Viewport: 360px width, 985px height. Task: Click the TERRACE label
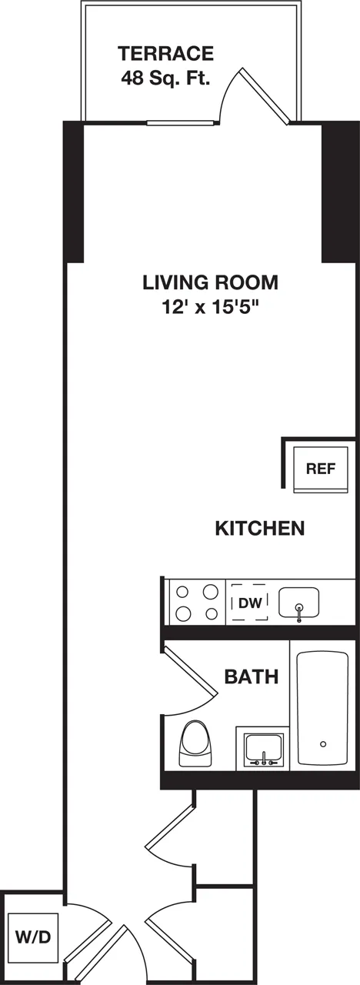pyautogui.click(x=165, y=54)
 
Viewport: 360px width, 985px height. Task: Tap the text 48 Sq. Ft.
pyautogui.click(x=165, y=78)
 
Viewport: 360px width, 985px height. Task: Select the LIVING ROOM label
pyautogui.click(x=210, y=282)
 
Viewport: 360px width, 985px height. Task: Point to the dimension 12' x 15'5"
pyautogui.click(x=210, y=307)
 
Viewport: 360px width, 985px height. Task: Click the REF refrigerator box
pyautogui.click(x=321, y=469)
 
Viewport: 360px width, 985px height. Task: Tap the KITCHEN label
pyautogui.click(x=259, y=529)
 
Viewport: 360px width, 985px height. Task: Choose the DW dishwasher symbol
pyautogui.click(x=249, y=603)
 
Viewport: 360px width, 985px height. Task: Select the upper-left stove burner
pyautogui.click(x=183, y=592)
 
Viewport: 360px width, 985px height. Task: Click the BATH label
pyautogui.click(x=252, y=677)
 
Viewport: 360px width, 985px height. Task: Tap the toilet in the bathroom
pyautogui.click(x=193, y=744)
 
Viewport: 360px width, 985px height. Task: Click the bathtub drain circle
pyautogui.click(x=323, y=743)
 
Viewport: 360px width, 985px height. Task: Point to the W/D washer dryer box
pyautogui.click(x=33, y=937)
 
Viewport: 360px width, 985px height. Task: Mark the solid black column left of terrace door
pyautogui.click(x=73, y=192)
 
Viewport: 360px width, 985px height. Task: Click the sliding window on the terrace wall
pyautogui.click(x=182, y=122)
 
